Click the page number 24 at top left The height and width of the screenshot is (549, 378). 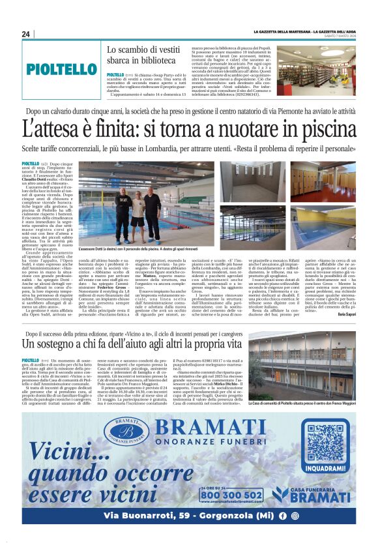(26, 34)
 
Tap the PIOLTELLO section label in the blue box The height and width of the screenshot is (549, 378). (62, 68)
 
